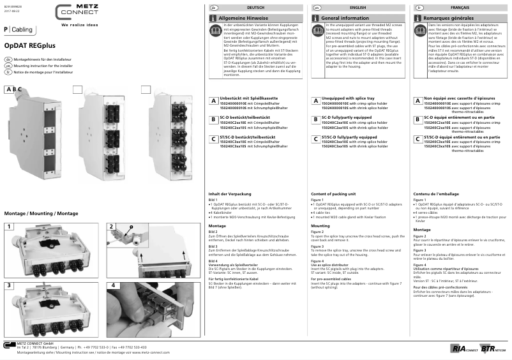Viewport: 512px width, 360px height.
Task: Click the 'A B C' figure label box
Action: (13, 89)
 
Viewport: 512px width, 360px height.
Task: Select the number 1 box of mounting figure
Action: (9, 227)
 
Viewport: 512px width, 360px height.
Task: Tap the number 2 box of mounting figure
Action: (111, 227)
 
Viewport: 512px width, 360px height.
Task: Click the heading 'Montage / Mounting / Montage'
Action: (41, 213)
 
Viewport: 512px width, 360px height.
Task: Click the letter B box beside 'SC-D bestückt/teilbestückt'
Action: (213, 119)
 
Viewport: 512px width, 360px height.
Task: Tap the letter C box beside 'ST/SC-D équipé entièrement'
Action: (418, 138)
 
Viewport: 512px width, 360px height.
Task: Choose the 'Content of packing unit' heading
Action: (333, 193)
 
